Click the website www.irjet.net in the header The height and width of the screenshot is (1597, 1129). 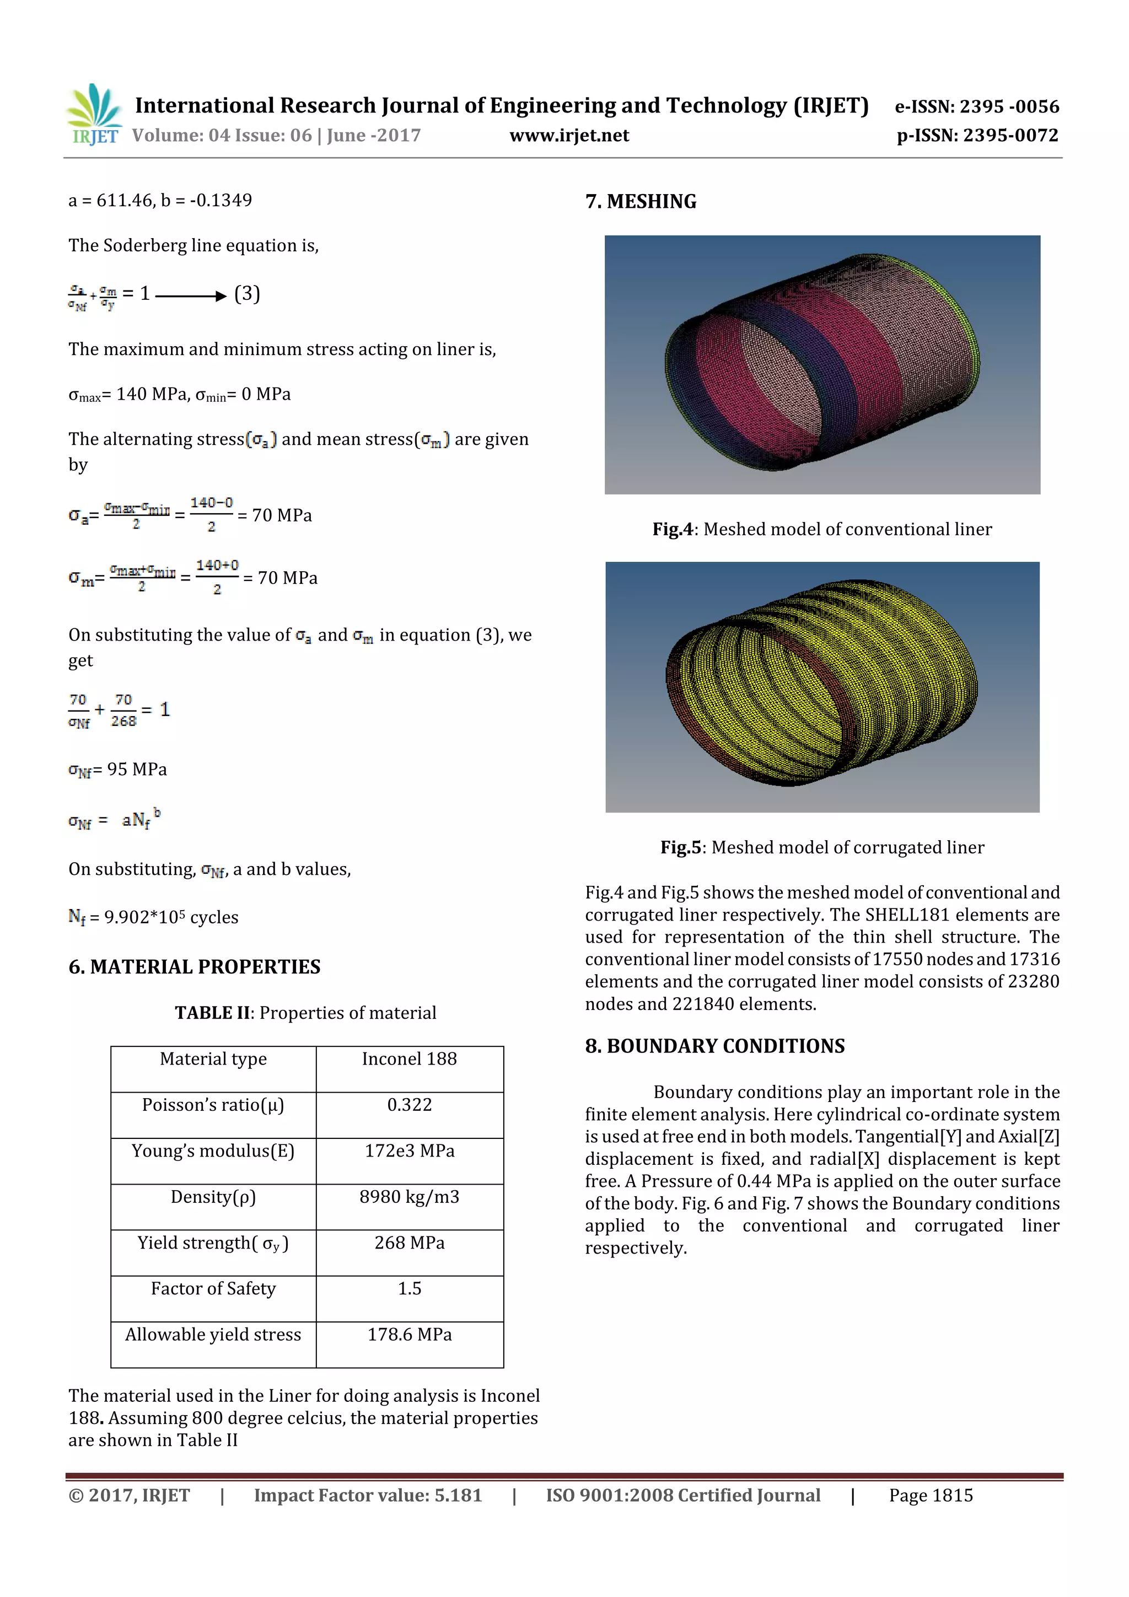568,136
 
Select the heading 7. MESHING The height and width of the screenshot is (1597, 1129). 640,202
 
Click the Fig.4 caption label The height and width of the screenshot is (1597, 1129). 672,529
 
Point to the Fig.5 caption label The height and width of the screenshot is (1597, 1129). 680,847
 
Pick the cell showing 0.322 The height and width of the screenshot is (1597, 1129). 409,1105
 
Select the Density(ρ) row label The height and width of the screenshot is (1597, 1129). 213,1196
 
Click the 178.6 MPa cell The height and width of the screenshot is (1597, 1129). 409,1334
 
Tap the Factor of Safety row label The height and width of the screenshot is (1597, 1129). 213,1288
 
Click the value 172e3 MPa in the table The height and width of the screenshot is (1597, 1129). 409,1150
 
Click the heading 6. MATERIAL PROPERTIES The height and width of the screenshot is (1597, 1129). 194,967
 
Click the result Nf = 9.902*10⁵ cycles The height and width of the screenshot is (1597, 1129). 153,917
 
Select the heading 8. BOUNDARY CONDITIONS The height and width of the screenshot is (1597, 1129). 714,1046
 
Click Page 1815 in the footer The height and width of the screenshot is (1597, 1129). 930,1496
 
